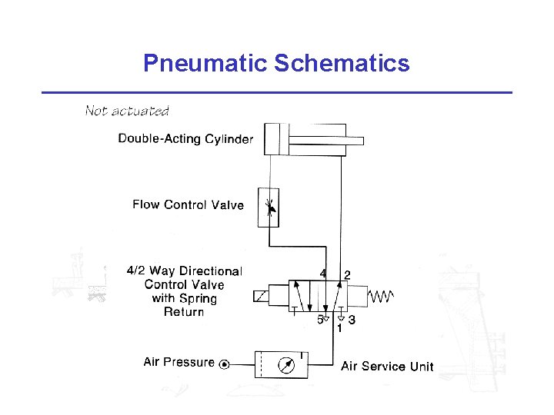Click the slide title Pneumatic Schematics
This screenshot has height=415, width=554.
click(276, 63)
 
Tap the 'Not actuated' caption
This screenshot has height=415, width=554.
click(127, 111)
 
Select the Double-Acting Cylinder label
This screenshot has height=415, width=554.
click(185, 139)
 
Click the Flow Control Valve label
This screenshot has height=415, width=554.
click(188, 204)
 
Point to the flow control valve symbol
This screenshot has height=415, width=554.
click(269, 207)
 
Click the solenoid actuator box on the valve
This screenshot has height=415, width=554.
click(260, 296)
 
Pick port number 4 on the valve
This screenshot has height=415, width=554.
click(323, 274)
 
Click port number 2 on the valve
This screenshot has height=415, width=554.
click(347, 274)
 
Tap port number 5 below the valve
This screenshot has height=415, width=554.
click(320, 319)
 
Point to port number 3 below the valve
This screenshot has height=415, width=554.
click(352, 319)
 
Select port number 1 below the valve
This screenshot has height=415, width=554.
click(339, 328)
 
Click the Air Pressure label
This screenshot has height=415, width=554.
click(179, 362)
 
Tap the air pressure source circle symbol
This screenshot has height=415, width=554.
click(224, 364)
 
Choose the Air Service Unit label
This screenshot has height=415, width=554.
click(387, 367)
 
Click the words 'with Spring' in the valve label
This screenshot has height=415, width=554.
click(185, 298)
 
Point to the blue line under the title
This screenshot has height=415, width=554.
click(276, 92)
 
